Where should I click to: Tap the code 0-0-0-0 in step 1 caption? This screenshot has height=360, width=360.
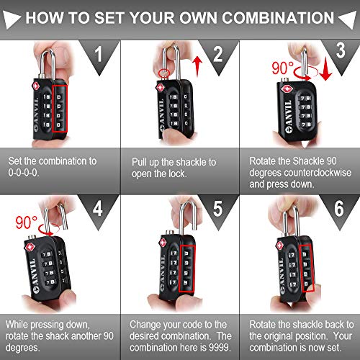click(34, 173)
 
